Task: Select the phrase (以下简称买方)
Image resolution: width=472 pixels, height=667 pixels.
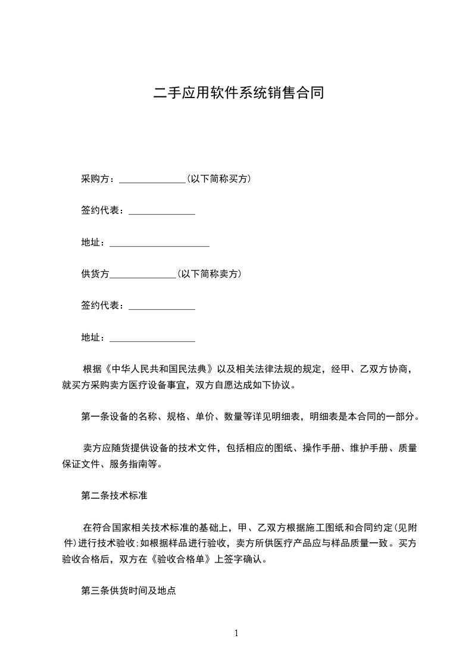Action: click(x=218, y=178)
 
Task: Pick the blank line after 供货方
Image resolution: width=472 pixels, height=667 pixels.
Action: click(x=143, y=276)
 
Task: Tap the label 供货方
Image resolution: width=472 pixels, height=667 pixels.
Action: click(x=95, y=274)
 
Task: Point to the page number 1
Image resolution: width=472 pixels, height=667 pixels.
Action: click(x=236, y=633)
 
